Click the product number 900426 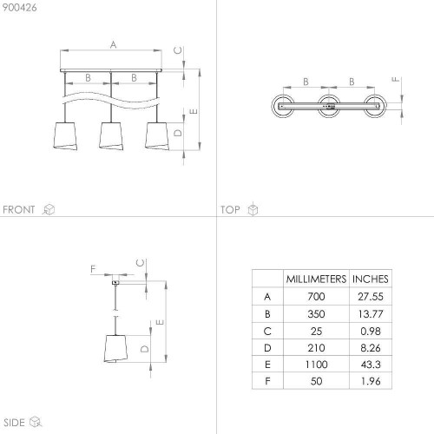[20, 8]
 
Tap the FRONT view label [19, 209]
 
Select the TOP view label [230, 209]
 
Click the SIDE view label [14, 423]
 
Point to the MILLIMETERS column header [316, 279]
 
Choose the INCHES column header [371, 279]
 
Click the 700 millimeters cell [316, 297]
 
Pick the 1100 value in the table [316, 365]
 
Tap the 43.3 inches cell [371, 365]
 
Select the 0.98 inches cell [371, 331]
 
